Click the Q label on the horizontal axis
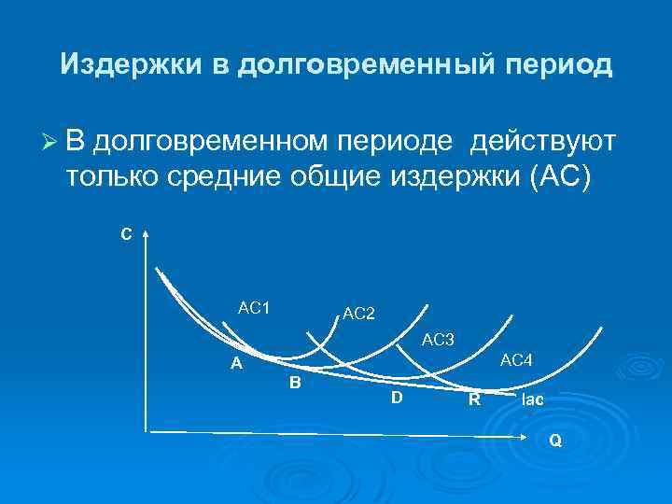555,441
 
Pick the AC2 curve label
358,314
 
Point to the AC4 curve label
516,360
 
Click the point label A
237,364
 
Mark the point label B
295,383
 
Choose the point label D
397,399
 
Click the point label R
474,401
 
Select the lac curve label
533,399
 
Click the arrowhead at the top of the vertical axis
146,232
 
